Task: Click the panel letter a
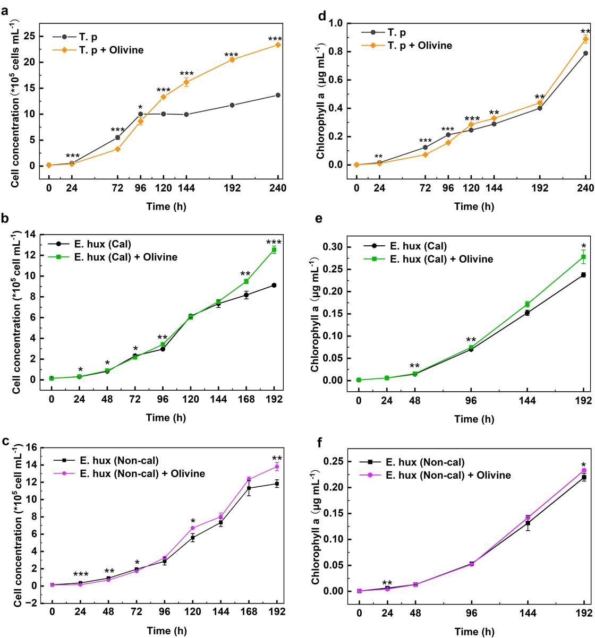5,10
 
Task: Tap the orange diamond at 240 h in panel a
278,45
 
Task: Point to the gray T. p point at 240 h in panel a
278,95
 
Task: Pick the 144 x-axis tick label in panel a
186,188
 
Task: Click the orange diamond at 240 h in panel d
585,39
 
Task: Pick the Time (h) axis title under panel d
474,206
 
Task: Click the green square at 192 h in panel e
583,257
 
